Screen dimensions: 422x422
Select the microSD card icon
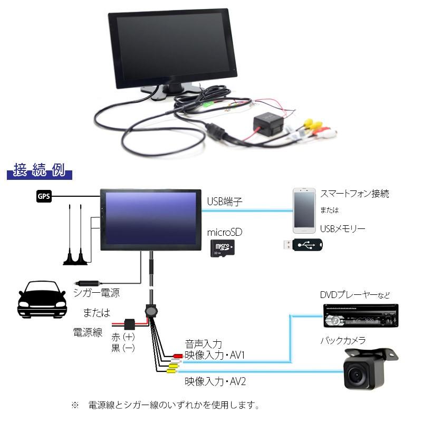click(x=222, y=248)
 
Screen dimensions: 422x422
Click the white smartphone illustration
click(x=304, y=210)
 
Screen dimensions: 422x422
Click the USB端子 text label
click(x=225, y=202)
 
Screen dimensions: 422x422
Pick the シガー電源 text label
click(x=97, y=293)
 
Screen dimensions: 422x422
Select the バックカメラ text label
click(x=343, y=340)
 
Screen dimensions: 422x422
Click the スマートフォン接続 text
click(x=354, y=194)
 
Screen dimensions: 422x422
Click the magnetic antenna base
click(x=75, y=260)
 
